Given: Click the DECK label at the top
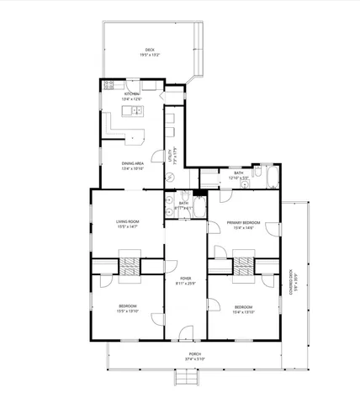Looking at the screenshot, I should pyautogui.click(x=150, y=50).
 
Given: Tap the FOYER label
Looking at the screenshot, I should pyautogui.click(x=185, y=278).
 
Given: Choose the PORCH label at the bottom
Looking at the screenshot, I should pyautogui.click(x=194, y=353).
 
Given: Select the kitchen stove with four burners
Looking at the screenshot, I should pyautogui.click(x=109, y=84).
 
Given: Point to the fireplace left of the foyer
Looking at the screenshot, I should pyautogui.click(x=129, y=266).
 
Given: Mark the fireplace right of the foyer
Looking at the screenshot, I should pyautogui.click(x=243, y=266).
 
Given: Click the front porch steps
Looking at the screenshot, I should pyautogui.click(x=185, y=380).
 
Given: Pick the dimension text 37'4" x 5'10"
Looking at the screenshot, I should pyautogui.click(x=194, y=358).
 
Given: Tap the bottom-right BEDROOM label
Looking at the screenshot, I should pyautogui.click(x=243, y=306).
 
